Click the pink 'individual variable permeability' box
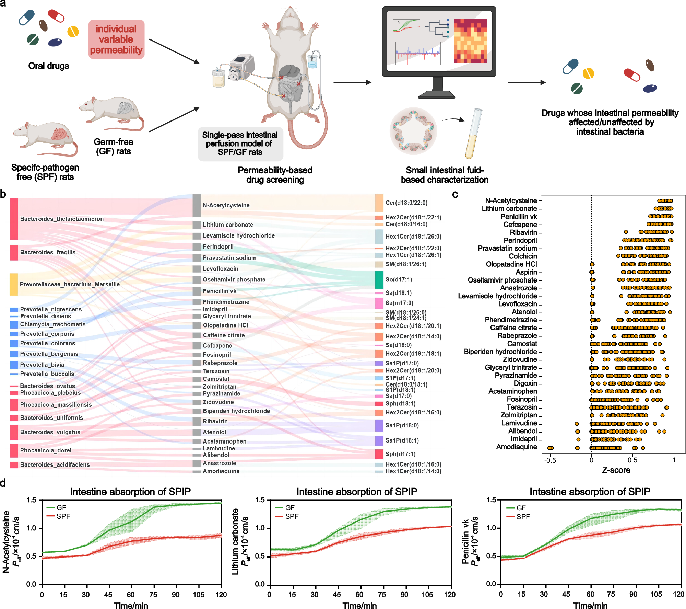click(116, 39)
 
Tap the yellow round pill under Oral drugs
click(73, 32)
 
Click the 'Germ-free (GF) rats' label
click(113, 147)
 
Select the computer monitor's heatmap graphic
click(470, 41)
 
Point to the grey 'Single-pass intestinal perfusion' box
click(240, 143)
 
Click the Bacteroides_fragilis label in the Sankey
click(48, 252)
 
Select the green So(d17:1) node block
click(379, 280)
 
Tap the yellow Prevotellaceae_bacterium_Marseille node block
click(14, 284)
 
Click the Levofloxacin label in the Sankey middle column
click(220, 269)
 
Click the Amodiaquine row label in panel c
click(516, 447)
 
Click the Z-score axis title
click(616, 470)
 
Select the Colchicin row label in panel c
click(522, 256)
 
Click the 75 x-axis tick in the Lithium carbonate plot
click(382, 595)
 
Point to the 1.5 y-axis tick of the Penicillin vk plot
click(491, 500)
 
